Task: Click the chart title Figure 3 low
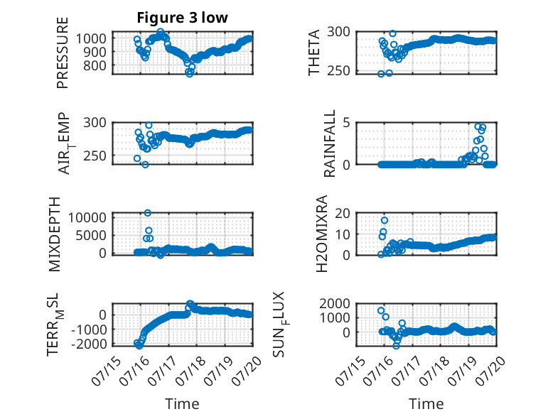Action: tap(183, 18)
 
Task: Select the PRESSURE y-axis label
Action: tap(62, 53)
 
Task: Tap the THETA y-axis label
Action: tap(313, 53)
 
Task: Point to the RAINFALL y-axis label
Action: tap(329, 143)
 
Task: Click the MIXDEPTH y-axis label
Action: tap(54, 234)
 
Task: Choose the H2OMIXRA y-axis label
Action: tap(322, 234)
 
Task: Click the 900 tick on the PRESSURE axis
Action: tap(95, 52)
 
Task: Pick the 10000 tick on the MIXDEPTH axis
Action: tap(87, 217)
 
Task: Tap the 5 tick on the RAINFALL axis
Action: tap(346, 123)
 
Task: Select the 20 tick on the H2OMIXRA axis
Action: tap(342, 213)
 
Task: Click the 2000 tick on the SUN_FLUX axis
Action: tap(335, 303)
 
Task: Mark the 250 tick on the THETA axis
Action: tap(338, 71)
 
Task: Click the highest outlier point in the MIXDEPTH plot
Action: tap(148, 213)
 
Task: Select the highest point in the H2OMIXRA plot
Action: tap(385, 221)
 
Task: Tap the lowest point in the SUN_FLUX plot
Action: tap(397, 346)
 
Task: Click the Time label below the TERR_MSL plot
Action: tap(183, 404)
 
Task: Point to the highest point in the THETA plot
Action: tap(392, 34)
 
